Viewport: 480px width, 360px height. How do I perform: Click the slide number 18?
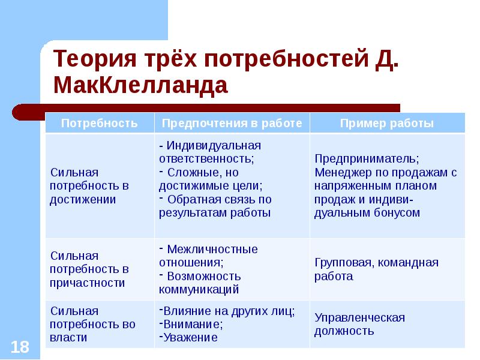click(x=20, y=347)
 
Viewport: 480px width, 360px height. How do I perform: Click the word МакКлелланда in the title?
click(x=140, y=85)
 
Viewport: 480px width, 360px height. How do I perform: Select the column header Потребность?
click(x=100, y=123)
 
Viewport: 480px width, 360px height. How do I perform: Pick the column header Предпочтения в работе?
click(x=232, y=123)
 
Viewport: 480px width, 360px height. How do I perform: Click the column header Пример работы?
click(x=387, y=123)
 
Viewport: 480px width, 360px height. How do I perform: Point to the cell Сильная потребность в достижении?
click(x=89, y=186)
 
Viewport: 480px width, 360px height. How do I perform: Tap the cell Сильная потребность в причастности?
click(x=89, y=269)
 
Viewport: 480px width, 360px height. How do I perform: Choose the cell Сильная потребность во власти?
click(x=92, y=324)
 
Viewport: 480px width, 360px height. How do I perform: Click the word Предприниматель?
click(x=367, y=159)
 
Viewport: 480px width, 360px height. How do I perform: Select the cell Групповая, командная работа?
click(x=377, y=269)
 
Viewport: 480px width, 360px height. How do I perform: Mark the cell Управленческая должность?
click(x=359, y=325)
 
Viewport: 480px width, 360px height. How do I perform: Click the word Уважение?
click(x=190, y=337)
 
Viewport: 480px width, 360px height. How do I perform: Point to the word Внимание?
click(x=191, y=324)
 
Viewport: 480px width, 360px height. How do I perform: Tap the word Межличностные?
click(x=212, y=250)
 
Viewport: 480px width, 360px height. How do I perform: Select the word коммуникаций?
click(x=199, y=290)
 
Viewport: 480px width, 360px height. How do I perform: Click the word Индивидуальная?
click(x=214, y=146)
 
